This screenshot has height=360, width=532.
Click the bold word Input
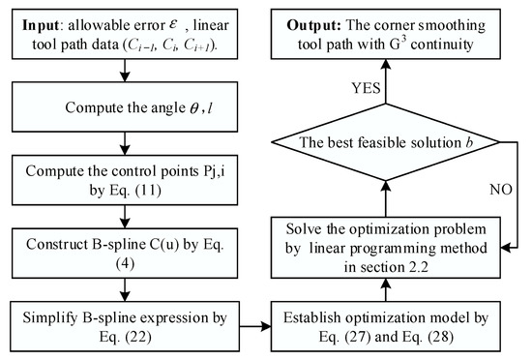[38, 21]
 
